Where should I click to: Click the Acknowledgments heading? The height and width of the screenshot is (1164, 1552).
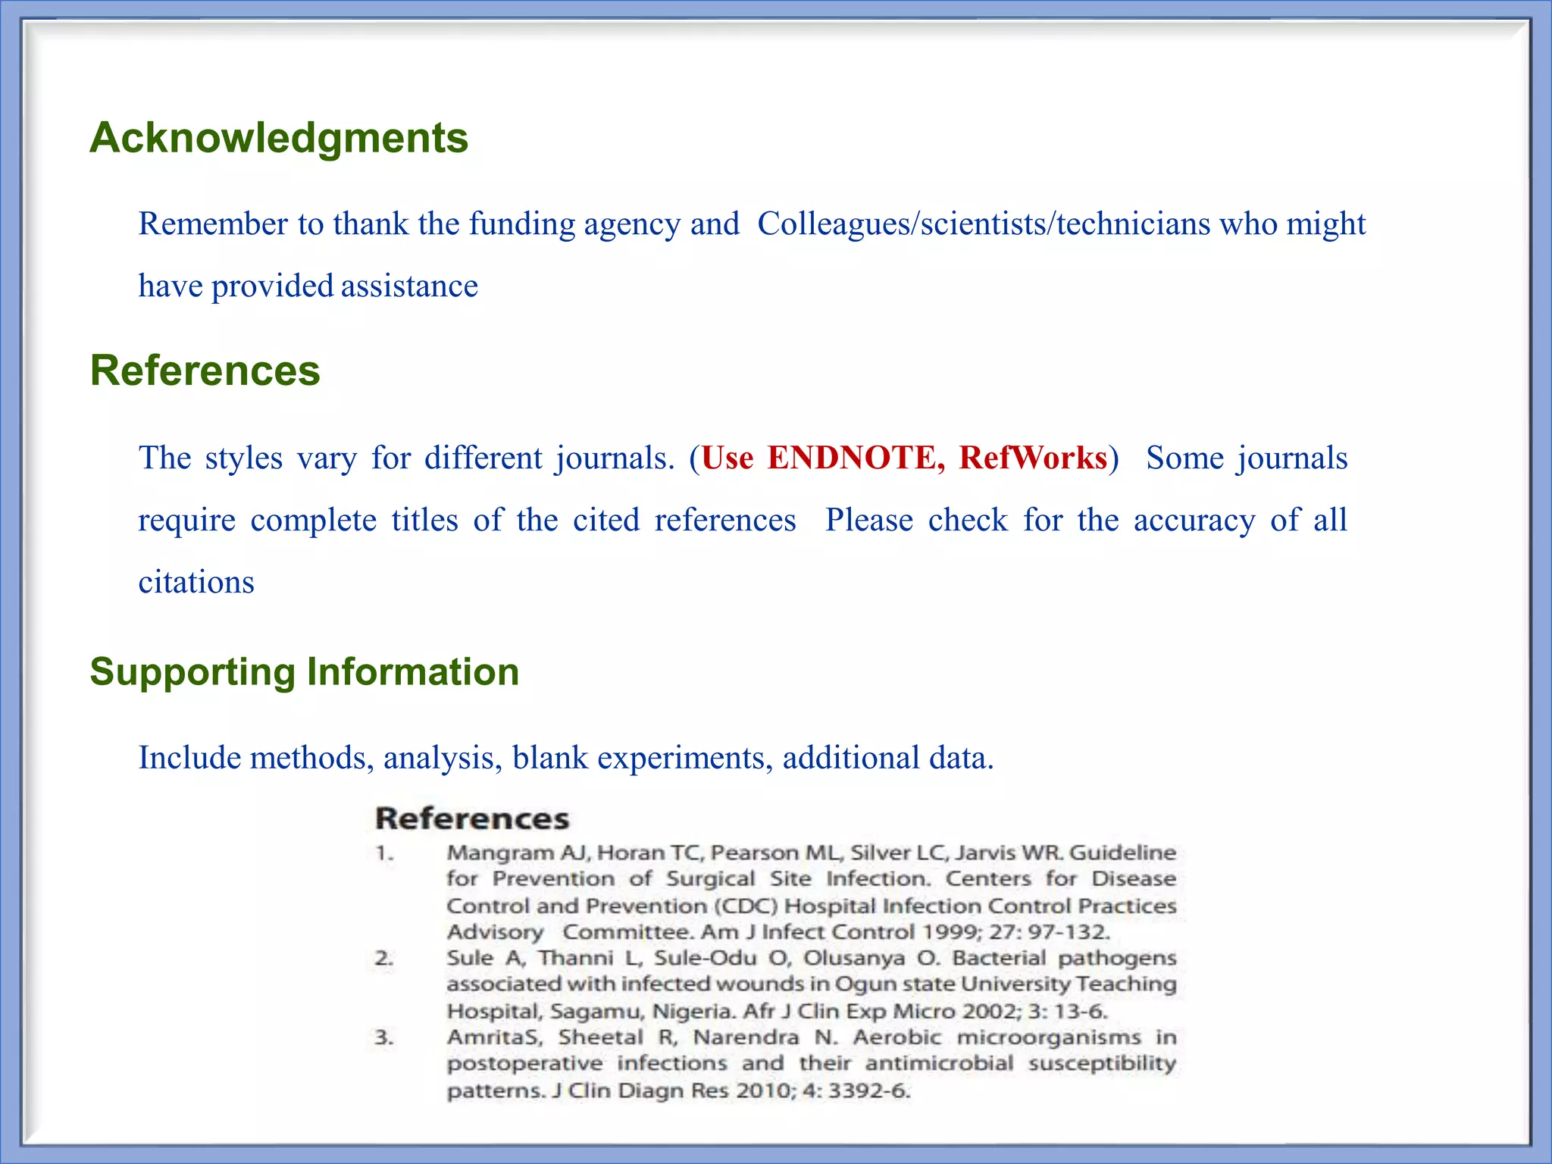click(x=279, y=138)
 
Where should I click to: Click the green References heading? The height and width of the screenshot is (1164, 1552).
click(x=205, y=371)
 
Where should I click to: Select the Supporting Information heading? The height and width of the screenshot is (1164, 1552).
click(x=304, y=671)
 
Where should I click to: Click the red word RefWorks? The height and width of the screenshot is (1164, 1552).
click(x=1033, y=458)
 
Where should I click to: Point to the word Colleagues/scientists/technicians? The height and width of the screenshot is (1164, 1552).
click(x=984, y=224)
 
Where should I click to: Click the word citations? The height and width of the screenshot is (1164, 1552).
click(x=196, y=582)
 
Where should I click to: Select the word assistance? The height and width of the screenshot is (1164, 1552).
click(x=409, y=286)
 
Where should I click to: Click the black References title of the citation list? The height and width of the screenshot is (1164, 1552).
click(x=472, y=818)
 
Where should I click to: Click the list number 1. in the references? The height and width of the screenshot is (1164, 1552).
click(x=384, y=853)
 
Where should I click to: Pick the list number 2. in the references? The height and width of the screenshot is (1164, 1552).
click(x=384, y=959)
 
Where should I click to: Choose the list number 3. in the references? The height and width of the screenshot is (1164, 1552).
click(x=384, y=1037)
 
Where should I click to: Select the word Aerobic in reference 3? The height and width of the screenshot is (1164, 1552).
click(x=897, y=1037)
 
